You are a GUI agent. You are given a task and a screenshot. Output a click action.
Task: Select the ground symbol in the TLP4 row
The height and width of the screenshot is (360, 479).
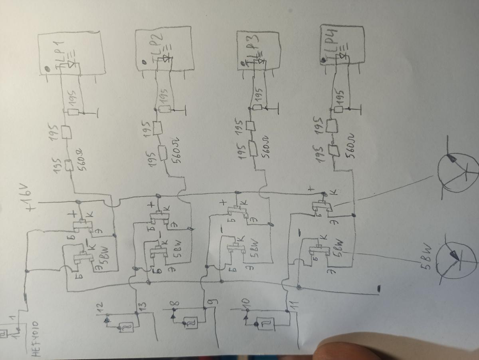point(354,108)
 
